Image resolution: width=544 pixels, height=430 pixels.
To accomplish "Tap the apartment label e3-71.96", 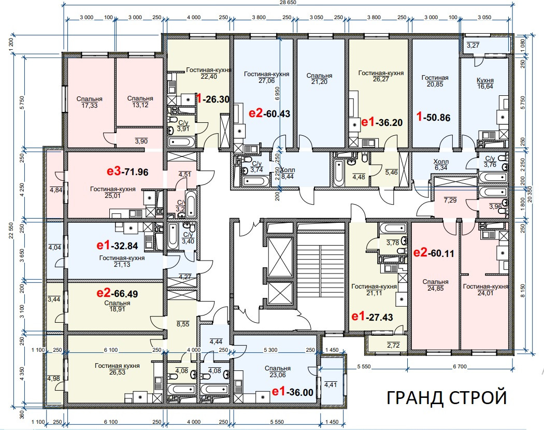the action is pyautogui.click(x=127, y=171).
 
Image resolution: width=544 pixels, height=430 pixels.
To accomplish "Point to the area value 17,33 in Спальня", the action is pyautogui.click(x=90, y=105).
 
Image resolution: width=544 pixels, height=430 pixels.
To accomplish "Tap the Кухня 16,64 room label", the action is pyautogui.click(x=484, y=84).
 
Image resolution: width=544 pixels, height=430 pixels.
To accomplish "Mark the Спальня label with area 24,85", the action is pyautogui.click(x=435, y=285).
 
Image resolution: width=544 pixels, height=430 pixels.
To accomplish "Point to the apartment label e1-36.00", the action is pyautogui.click(x=293, y=392).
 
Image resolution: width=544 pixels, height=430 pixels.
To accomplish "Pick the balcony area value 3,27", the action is pyautogui.click(x=473, y=46).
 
